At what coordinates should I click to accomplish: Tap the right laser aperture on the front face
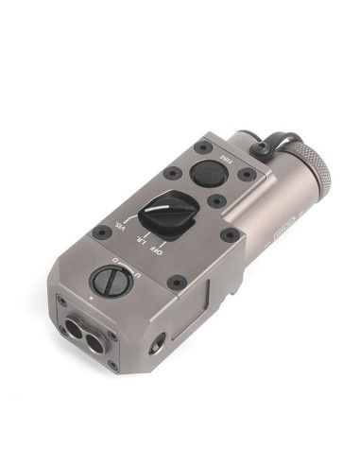click(x=94, y=339)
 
